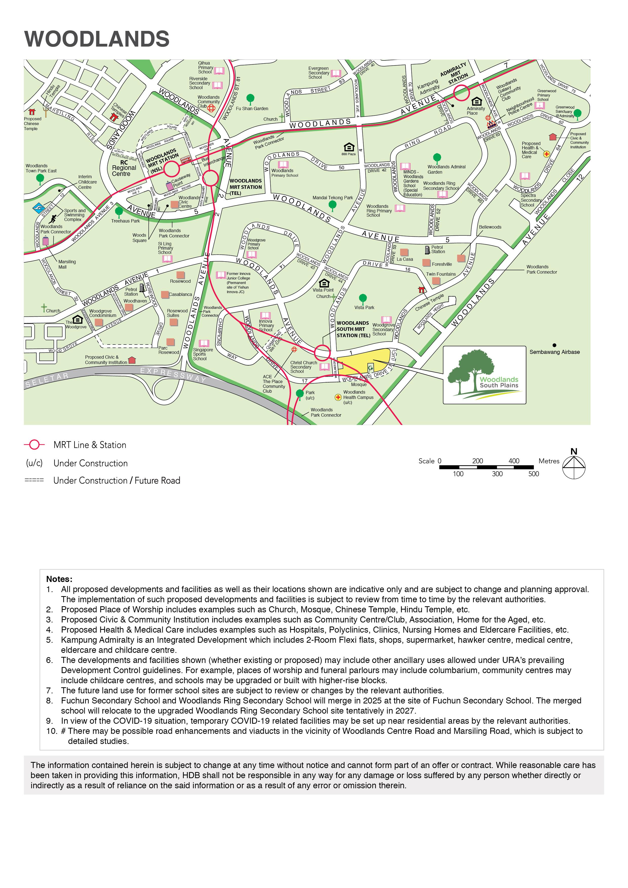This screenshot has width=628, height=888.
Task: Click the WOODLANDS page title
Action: click(97, 39)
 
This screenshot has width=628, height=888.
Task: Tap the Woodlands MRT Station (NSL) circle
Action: click(171, 169)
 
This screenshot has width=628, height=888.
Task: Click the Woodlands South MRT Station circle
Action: click(322, 352)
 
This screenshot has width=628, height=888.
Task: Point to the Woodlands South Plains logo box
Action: click(484, 375)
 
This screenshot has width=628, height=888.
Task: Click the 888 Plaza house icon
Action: click(349, 147)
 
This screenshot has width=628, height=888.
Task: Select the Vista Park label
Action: click(364, 308)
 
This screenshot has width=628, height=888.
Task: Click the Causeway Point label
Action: click(181, 180)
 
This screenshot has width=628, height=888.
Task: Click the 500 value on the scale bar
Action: click(534, 474)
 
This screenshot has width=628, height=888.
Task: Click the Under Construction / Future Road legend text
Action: click(116, 480)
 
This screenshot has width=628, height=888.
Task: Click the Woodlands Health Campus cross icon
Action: click(338, 397)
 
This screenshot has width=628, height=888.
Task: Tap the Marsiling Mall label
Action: click(67, 264)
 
